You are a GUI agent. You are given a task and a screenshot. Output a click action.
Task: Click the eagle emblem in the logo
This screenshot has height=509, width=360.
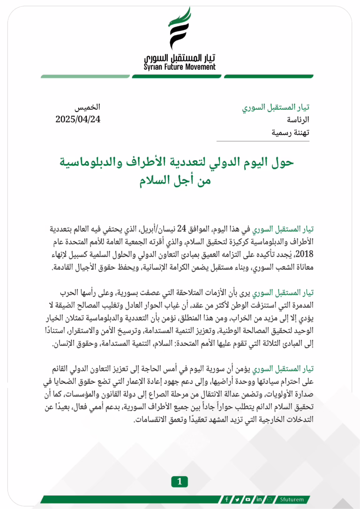coord(180,29)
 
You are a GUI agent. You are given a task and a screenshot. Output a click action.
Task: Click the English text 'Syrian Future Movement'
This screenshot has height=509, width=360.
coord(180,67)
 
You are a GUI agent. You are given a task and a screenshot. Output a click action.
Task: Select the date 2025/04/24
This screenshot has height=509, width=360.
coord(78,119)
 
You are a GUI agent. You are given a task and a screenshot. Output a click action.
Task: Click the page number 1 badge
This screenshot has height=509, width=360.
coord(180,481)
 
